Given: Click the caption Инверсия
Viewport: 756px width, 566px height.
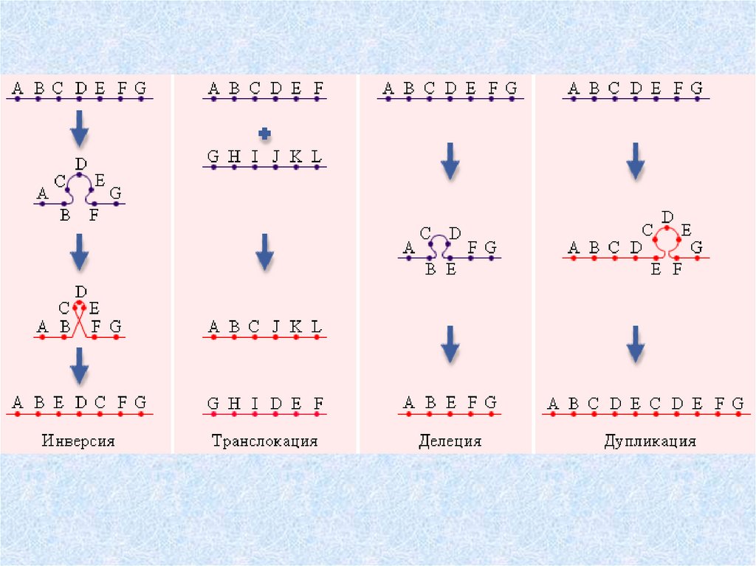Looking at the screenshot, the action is tap(78, 442).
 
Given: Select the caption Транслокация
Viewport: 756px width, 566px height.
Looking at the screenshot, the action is tap(264, 442).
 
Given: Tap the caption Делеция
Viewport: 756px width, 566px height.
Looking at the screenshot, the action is tap(450, 442).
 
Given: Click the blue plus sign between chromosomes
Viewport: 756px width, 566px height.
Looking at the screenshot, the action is tap(264, 133).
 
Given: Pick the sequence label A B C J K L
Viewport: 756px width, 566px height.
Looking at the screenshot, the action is tap(265, 327).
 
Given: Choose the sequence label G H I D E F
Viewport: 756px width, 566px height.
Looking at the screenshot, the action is tap(265, 404).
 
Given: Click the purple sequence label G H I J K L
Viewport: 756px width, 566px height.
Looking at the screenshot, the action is tap(265, 157).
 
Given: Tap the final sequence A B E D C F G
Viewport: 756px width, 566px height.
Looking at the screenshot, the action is tap(80, 403).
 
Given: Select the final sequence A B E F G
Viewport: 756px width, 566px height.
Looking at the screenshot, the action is tap(450, 403).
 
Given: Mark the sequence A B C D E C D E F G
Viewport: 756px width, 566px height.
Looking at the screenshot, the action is tap(644, 404).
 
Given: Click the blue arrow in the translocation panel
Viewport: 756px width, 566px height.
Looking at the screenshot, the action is tap(264, 255).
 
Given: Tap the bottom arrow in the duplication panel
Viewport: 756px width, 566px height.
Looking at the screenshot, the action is tap(635, 343).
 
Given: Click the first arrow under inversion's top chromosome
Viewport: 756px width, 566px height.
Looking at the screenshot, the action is tap(79, 132).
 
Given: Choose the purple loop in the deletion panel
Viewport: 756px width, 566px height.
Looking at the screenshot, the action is tap(441, 244).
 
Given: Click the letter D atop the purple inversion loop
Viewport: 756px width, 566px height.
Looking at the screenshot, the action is tap(80, 163).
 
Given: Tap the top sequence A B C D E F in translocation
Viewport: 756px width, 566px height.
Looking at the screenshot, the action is tap(265, 90).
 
